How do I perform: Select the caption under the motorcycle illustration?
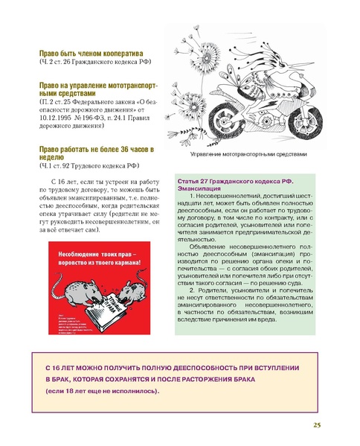[x=248, y=154]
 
